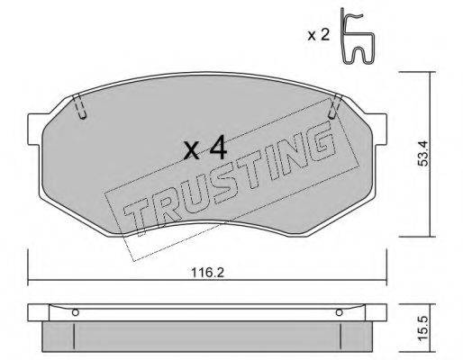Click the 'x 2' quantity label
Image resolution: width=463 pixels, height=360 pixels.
(x=317, y=35)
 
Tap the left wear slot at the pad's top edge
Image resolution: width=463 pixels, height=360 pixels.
(x=80, y=108)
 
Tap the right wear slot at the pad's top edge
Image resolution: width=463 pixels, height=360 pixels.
(x=335, y=108)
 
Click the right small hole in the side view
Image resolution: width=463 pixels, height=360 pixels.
(x=340, y=312)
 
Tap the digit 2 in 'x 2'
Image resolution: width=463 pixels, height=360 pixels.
(x=324, y=35)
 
